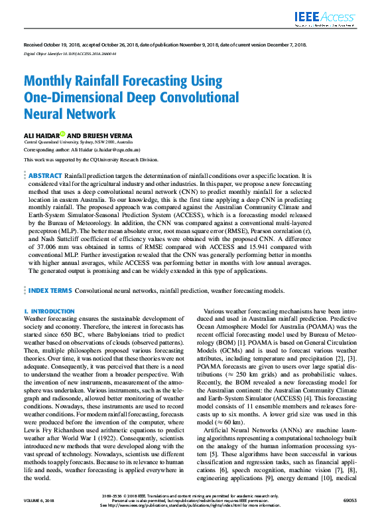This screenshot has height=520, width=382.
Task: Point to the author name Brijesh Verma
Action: tap(111, 135)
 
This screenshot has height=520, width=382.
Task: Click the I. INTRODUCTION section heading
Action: tap(49, 311)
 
